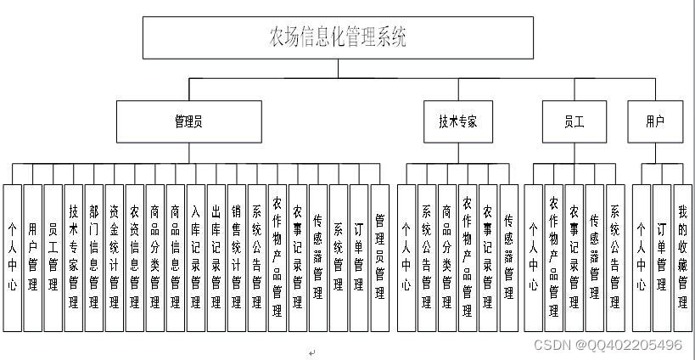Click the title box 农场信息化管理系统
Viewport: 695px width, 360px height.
click(338, 38)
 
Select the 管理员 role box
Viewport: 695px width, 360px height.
click(188, 121)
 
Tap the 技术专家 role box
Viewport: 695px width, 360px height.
click(457, 121)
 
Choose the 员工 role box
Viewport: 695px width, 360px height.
click(574, 121)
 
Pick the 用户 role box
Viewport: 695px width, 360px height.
click(654, 121)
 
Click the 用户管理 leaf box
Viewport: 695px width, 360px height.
click(33, 257)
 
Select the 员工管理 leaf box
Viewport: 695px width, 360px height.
click(53, 257)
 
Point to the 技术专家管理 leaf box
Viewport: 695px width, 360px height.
click(74, 257)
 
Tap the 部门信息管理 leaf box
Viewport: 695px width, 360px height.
click(93, 257)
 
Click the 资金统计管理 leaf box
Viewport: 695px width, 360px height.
click(115, 257)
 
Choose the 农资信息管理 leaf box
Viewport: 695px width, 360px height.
click(134, 257)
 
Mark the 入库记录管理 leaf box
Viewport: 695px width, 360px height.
click(196, 257)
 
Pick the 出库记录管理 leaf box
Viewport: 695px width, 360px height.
click(216, 257)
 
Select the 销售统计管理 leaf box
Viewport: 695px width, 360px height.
click(237, 257)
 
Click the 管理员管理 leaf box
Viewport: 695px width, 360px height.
click(379, 257)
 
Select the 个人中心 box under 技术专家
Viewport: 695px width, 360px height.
click(406, 257)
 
